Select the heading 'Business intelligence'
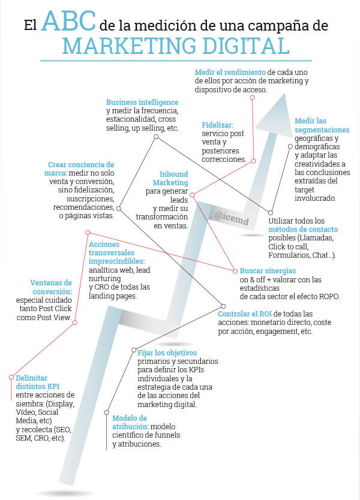point(142,103)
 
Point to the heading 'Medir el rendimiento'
point(230,73)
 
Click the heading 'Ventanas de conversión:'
point(51,287)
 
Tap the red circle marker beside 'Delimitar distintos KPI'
point(11,377)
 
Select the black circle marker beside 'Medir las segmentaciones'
point(290,146)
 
